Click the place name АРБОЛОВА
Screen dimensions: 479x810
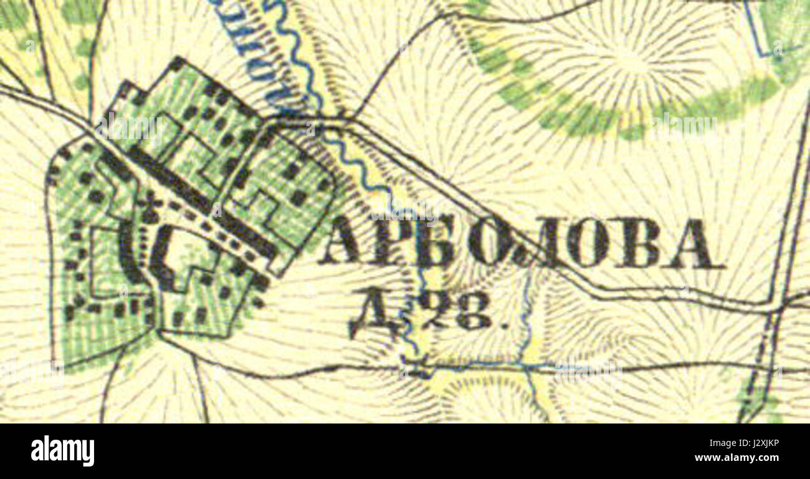point(520,244)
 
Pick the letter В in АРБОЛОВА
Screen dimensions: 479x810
point(641,244)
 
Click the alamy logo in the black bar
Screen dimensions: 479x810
point(62,450)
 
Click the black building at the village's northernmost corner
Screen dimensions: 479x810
point(178,63)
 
